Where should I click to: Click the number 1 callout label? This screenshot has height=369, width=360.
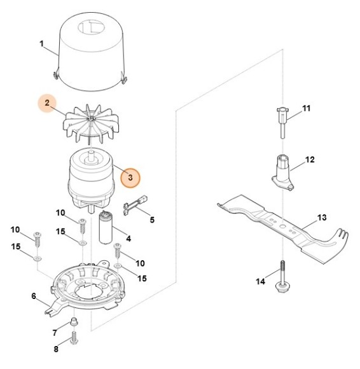point(42,44)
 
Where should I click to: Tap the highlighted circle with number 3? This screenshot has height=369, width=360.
point(130,178)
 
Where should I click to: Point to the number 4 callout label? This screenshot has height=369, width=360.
point(128,239)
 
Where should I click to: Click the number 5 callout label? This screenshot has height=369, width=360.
point(151,219)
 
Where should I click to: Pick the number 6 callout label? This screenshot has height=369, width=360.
point(34,296)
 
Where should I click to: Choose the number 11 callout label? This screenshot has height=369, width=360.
point(305,109)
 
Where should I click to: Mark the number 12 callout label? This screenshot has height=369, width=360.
point(310,160)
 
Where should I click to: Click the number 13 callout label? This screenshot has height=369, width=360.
point(322,218)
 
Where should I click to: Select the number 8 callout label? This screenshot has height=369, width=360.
point(56,349)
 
